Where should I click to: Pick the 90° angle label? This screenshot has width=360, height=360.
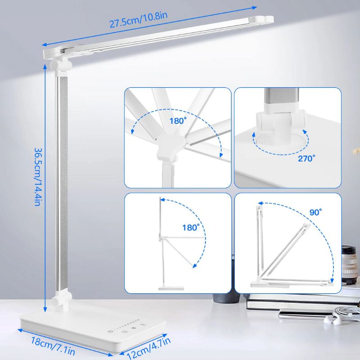316,212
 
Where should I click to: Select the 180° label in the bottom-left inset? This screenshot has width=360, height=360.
191,228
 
